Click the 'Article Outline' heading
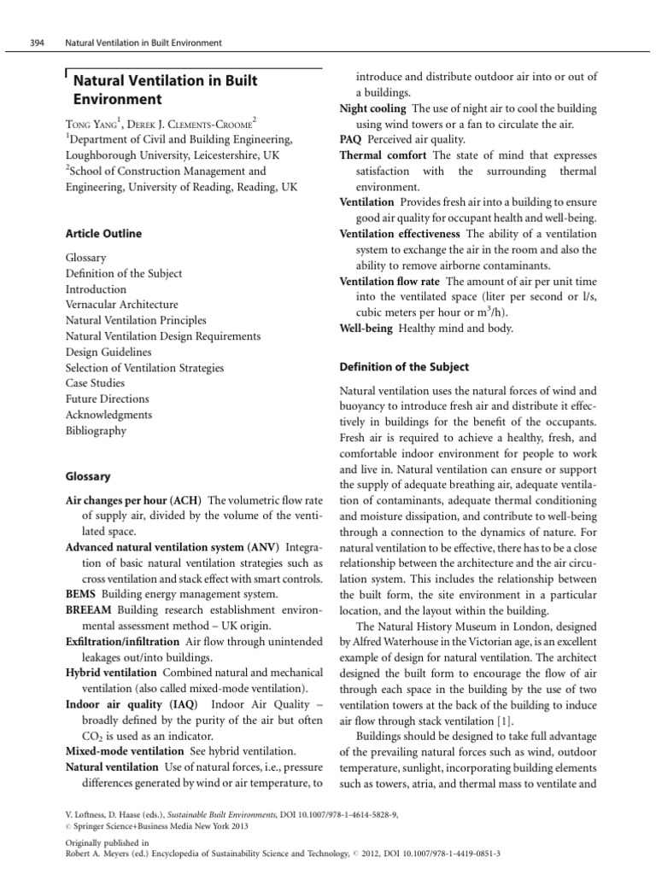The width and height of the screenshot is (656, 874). click(103, 234)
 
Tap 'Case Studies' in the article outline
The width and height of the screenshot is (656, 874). click(95, 383)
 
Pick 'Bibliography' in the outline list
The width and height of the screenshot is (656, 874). click(96, 431)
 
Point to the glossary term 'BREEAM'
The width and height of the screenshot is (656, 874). click(90, 611)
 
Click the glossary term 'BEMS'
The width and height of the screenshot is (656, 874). click(82, 595)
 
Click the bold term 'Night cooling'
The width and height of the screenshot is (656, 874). click(373, 108)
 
